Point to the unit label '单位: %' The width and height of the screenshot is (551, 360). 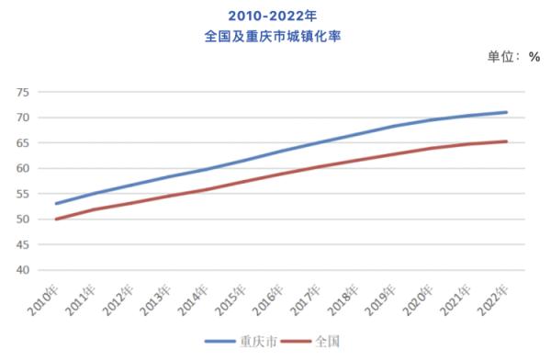[514, 57]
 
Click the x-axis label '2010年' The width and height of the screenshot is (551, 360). [44, 299]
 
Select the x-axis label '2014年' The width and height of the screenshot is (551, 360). [194, 299]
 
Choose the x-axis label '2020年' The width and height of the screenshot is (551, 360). [419, 299]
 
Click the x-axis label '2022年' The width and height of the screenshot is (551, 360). [494, 299]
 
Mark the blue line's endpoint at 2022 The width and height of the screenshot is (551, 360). [506, 112]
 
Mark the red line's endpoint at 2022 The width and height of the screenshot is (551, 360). [506, 141]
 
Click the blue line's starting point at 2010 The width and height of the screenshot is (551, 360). [56, 204]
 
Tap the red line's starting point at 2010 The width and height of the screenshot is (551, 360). [56, 219]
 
